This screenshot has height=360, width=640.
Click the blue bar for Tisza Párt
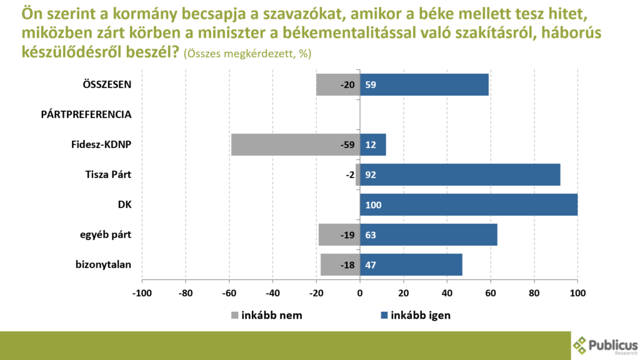click(x=459, y=174)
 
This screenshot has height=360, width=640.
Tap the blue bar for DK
click(x=469, y=204)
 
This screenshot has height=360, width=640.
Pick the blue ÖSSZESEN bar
click(x=424, y=84)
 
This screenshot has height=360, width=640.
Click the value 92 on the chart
click(x=371, y=175)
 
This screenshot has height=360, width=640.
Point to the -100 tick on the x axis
click(x=142, y=292)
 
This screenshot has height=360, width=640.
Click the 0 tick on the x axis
click(x=360, y=292)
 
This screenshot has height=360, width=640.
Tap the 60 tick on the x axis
click(x=491, y=292)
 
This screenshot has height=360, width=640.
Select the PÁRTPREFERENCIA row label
click(x=86, y=114)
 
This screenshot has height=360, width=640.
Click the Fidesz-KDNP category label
click(x=101, y=144)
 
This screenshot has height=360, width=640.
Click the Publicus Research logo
click(x=605, y=345)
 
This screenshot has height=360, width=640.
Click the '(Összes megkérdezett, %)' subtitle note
click(x=247, y=54)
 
